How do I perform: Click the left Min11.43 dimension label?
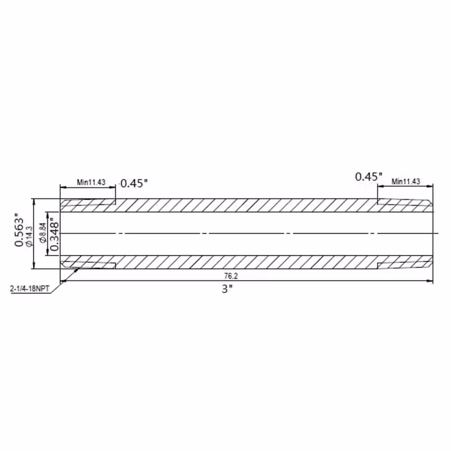[91, 182]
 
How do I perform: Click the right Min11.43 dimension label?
[405, 181]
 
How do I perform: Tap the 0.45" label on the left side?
[134, 183]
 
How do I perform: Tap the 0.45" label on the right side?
[369, 177]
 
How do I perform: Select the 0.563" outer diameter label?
[19, 230]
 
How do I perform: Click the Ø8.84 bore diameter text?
[43, 233]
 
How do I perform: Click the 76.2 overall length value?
[231, 276]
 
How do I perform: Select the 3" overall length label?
[227, 289]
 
